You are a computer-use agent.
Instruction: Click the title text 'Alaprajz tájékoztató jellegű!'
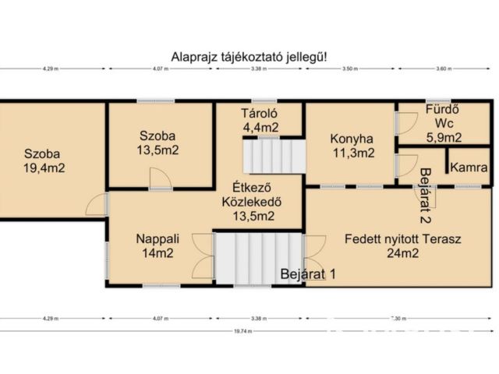coord(249,56)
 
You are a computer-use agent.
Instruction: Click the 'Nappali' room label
coord(152,238)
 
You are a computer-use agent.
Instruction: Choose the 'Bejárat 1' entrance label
coord(309,274)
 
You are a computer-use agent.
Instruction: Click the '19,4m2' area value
coord(44,167)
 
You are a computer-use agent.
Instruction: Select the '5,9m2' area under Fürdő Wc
coord(443,137)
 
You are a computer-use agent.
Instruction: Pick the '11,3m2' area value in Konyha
coord(349,153)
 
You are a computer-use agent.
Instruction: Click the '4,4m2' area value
coord(260,127)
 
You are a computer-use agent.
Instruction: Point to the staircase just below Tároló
coord(271,155)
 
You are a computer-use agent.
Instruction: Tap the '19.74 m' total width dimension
coord(248,330)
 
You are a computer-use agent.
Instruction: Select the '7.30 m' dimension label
coord(398,318)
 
